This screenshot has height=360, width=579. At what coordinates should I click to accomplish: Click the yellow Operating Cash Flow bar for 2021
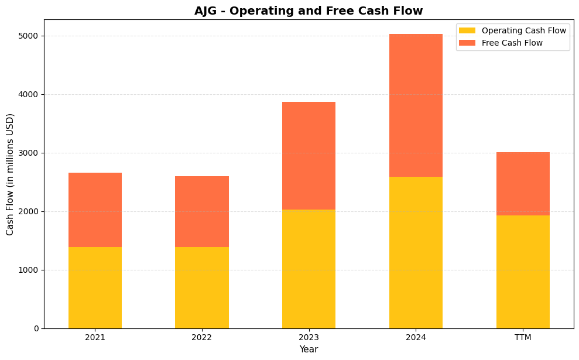point(95,287)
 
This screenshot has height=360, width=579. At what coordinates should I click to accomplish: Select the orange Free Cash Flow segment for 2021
point(95,210)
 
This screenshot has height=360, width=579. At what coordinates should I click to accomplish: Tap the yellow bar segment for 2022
point(201,287)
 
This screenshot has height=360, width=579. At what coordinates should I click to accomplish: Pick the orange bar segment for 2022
point(201,211)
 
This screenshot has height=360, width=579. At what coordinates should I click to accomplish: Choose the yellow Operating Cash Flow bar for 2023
point(309,269)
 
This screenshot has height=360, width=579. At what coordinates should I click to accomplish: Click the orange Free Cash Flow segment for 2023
point(309,156)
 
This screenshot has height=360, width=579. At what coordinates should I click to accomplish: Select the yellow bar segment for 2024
point(416,252)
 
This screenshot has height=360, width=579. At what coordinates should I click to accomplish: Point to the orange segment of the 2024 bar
point(416,105)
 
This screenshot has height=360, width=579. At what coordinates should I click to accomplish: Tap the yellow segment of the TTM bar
point(523,272)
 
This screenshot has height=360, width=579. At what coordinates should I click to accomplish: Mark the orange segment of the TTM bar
point(523,184)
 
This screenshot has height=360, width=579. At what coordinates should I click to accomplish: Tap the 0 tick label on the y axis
point(36,328)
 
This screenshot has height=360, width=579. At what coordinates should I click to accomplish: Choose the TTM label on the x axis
point(523,337)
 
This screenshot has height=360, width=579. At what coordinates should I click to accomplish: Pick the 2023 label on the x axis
point(309,337)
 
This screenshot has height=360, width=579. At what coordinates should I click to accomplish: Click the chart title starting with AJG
point(309,11)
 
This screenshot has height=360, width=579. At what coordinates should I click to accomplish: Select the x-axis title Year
point(309,349)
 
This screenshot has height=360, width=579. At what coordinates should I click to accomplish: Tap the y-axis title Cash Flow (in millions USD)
point(10,174)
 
